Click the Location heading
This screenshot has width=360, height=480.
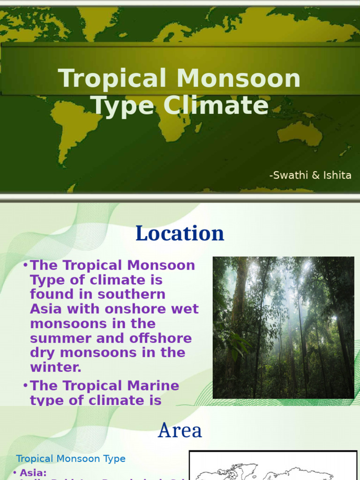(180, 233)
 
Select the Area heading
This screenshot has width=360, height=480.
(180, 430)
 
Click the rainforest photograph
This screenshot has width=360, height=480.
(283, 327)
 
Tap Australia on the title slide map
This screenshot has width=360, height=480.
(300, 134)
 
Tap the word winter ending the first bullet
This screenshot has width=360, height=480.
(55, 367)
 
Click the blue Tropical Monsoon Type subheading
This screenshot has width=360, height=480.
(71, 458)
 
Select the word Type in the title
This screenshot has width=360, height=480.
(122, 105)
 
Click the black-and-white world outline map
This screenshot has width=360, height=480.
(273, 466)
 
